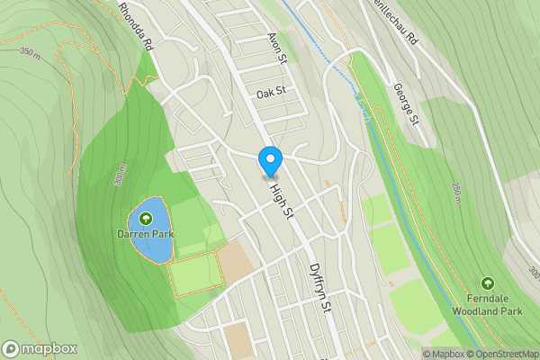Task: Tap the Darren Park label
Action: click(x=145, y=235)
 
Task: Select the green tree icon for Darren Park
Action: click(x=145, y=218)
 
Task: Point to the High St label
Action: click(x=283, y=198)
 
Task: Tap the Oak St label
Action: click(x=270, y=93)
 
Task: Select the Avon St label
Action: click(x=275, y=48)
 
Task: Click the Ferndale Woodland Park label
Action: click(x=488, y=304)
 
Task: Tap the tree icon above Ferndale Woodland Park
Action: click(x=488, y=283)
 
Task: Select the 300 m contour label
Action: click(x=120, y=177)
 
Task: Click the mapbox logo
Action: click(x=40, y=348)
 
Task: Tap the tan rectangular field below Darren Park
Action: click(x=234, y=262)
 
